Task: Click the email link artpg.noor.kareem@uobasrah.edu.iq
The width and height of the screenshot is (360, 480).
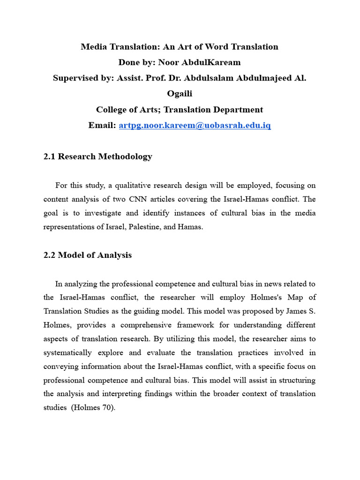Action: [195, 126]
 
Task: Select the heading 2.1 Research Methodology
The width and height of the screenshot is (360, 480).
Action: [97, 157]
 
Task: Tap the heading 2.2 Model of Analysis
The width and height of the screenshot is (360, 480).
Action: [88, 255]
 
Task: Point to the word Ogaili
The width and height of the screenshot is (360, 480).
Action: [180, 94]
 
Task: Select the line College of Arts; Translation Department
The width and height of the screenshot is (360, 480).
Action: [180, 110]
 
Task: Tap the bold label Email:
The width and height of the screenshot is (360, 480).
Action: [102, 126]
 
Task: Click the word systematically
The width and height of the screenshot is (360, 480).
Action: [72, 352]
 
